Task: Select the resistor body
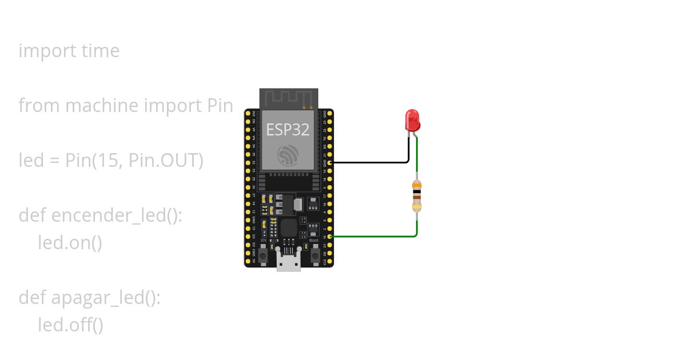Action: coord(417,195)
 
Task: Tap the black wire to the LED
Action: coord(372,162)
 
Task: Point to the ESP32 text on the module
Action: coord(288,130)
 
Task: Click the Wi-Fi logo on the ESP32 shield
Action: coord(288,155)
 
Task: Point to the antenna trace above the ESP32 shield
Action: coord(288,98)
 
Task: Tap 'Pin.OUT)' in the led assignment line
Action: coord(166,161)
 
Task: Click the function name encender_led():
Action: coord(117,215)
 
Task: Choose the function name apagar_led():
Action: coord(106,298)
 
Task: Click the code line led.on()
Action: coord(70,243)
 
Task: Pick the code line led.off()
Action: coord(70,325)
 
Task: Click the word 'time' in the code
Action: coord(101,51)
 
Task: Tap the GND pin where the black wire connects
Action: coord(330,162)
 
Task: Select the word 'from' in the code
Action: coord(39,106)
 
